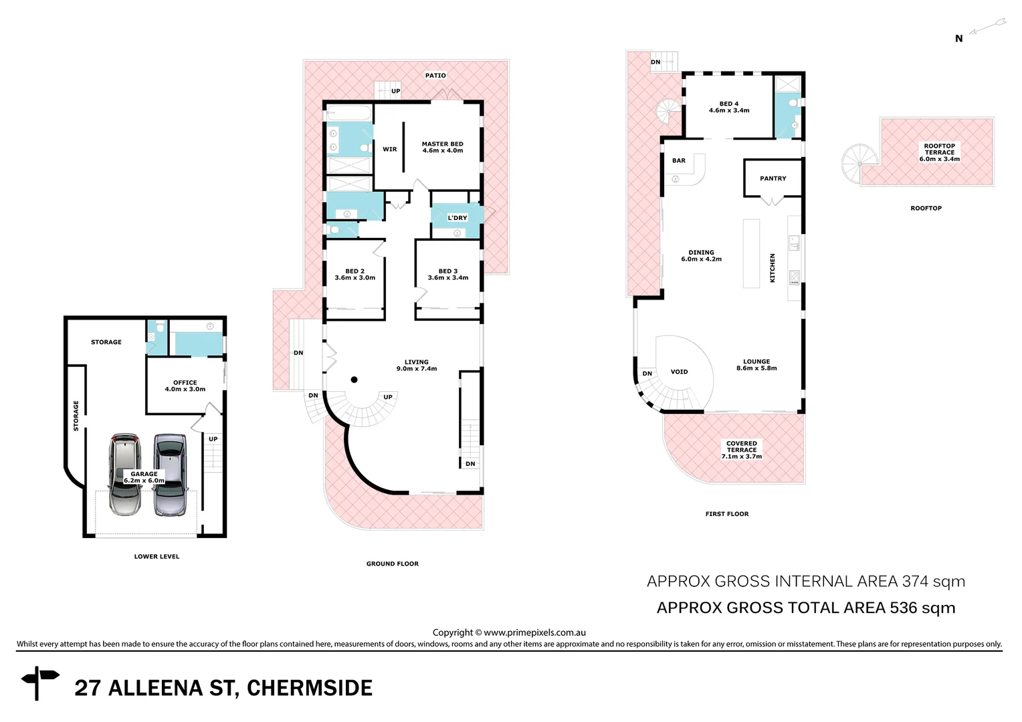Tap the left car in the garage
pos(125,475)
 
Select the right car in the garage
pos(169,475)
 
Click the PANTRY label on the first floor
pos(773,178)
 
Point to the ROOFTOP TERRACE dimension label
pos(939,152)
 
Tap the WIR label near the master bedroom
pos(390,150)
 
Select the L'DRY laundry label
pos(457,218)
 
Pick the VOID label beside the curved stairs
pos(679,372)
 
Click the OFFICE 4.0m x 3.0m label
pos(185,386)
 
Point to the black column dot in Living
pos(354,380)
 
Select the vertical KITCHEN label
pos(773,267)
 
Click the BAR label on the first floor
pos(679,160)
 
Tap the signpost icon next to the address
pos(39,682)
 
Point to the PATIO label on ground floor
pos(435,76)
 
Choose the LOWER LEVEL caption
pos(157,556)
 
